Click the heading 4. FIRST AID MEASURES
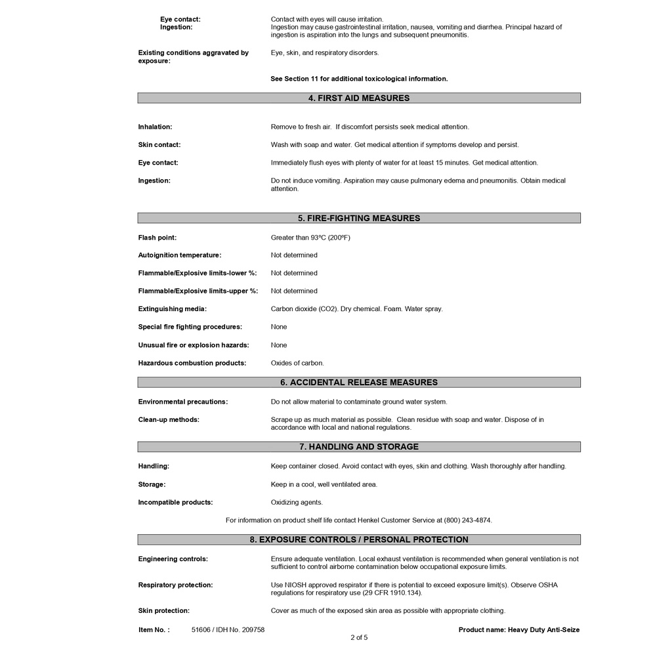click(x=358, y=98)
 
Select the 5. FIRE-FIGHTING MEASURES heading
click(x=358, y=219)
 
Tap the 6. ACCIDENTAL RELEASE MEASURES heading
click(x=358, y=383)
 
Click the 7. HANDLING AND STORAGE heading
click(x=358, y=447)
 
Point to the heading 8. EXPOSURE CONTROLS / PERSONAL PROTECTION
click(x=358, y=540)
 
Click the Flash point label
click(x=157, y=238)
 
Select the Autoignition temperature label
click(x=179, y=255)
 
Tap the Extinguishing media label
click(x=172, y=309)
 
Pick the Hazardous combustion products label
click(x=192, y=363)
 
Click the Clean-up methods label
click(x=168, y=419)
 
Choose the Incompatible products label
click(x=175, y=503)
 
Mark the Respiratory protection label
click(x=175, y=585)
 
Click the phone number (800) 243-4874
click(x=467, y=520)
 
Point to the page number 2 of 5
click(x=359, y=637)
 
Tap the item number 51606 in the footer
click(x=200, y=630)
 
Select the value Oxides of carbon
click(x=297, y=363)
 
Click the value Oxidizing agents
click(x=297, y=503)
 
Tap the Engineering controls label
click(x=173, y=559)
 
